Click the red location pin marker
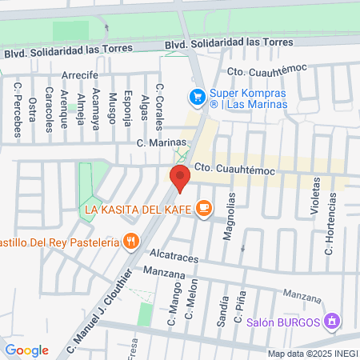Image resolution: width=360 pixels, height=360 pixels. point(179,179)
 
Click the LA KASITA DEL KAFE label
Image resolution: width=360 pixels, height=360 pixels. point(138,210)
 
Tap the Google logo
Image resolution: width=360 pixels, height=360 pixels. point(26,350)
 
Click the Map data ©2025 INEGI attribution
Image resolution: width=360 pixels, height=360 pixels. point(312,354)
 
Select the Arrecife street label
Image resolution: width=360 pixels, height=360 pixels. point(79,76)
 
